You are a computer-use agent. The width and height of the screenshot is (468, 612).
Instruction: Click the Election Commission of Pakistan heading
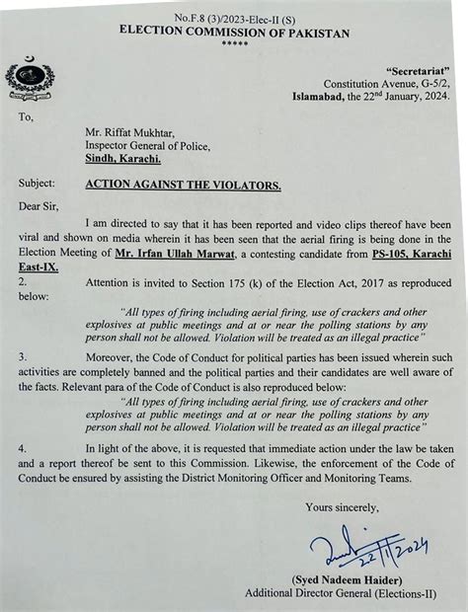(234, 33)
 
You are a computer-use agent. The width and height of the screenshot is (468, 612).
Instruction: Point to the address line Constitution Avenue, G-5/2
(392, 85)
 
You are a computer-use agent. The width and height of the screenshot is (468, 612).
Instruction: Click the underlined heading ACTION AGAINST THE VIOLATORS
(183, 184)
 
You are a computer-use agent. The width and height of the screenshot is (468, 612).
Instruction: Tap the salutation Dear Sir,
(40, 207)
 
